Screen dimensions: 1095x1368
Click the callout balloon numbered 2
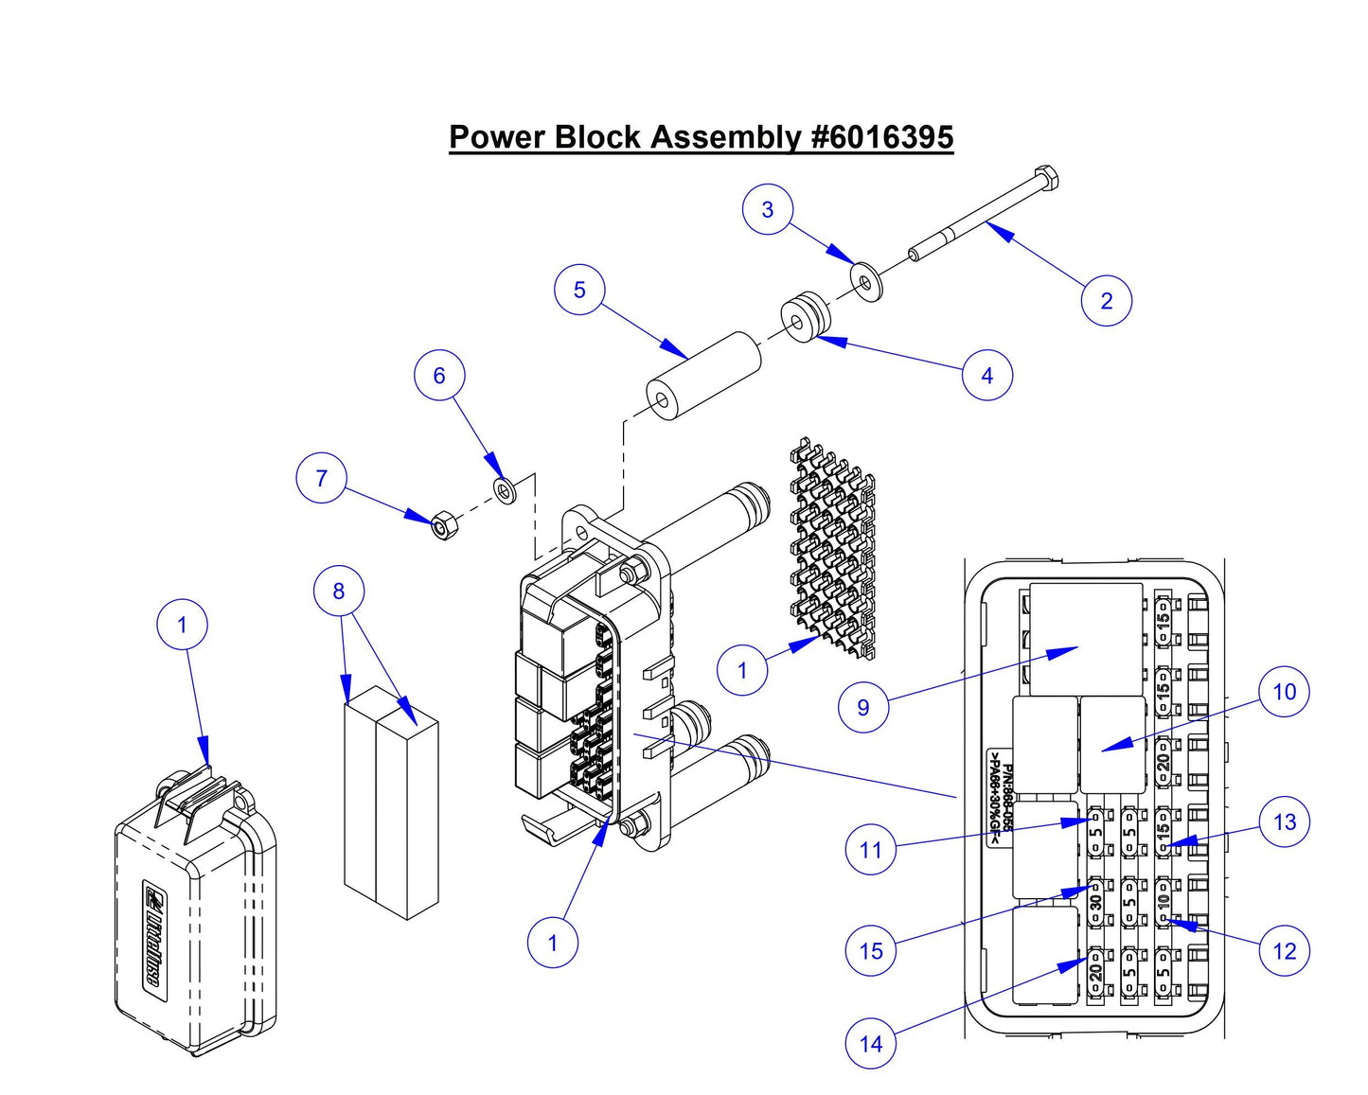1106,301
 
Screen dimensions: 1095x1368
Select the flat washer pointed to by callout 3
865,281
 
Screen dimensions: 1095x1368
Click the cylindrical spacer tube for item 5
704,377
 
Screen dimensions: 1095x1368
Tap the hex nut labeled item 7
442,525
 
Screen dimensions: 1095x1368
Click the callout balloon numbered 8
339,592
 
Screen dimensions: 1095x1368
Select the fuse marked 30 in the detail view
1096,899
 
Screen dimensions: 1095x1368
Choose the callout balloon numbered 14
870,1044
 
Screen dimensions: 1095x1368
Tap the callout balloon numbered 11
870,850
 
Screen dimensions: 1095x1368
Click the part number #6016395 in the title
882,137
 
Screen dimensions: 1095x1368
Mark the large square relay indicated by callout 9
1085,640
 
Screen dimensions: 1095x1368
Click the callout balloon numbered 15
870,951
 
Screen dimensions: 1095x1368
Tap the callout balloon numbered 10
1284,692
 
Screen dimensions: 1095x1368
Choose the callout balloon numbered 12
1284,950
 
